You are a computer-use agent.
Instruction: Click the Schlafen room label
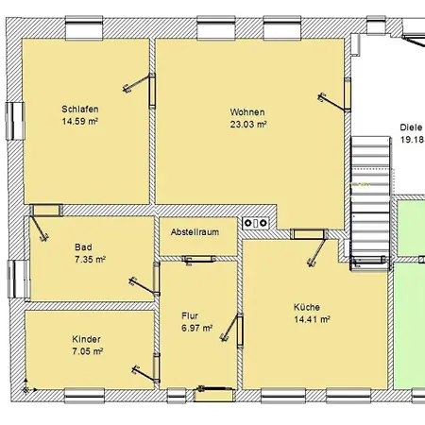(80, 110)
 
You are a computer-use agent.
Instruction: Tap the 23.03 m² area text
(248, 124)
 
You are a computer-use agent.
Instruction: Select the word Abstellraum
(195, 232)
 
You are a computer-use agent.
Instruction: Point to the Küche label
(307, 307)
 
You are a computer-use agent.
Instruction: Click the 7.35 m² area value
(90, 260)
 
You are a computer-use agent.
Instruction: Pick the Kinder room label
(86, 339)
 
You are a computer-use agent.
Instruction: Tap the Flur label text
(190, 315)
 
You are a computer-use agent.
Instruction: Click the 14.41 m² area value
(312, 319)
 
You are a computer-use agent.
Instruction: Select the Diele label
(411, 127)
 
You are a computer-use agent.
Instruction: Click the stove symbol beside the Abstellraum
(256, 223)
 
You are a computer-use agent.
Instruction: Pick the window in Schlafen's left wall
(15, 121)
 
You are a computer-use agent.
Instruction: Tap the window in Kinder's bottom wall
(84, 396)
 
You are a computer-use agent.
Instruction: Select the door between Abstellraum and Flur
(199, 260)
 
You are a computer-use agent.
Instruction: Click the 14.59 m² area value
(80, 121)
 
